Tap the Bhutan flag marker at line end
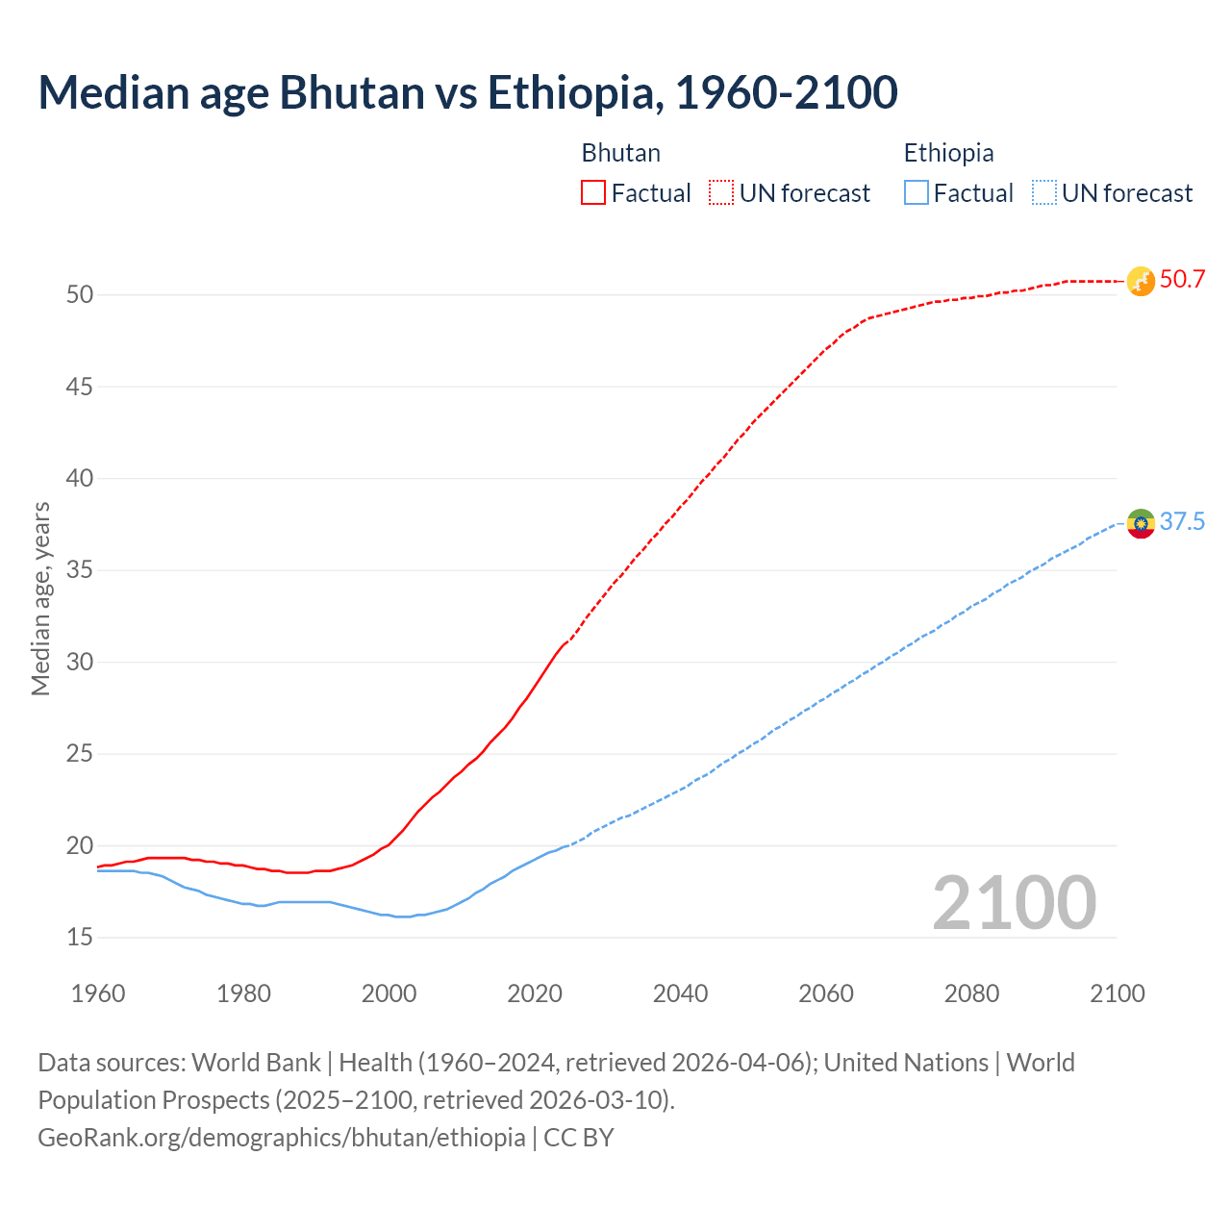click(1140, 281)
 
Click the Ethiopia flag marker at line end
click(1140, 523)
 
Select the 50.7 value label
click(1182, 280)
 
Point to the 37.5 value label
click(1182, 522)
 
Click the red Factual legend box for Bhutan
click(593, 193)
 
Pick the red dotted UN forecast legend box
click(721, 193)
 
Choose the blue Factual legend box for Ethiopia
click(917, 193)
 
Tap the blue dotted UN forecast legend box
click(1043, 193)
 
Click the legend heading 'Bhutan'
click(620, 153)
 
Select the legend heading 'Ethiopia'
click(948, 153)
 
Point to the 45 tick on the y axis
click(80, 387)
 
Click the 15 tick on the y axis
click(80, 937)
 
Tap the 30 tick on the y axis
click(80, 662)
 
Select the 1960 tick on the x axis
click(98, 993)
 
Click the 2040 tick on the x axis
click(680, 993)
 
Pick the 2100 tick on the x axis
click(1118, 993)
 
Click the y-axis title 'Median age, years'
click(40, 598)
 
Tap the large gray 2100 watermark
click(1014, 903)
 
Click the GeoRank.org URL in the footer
click(281, 1138)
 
